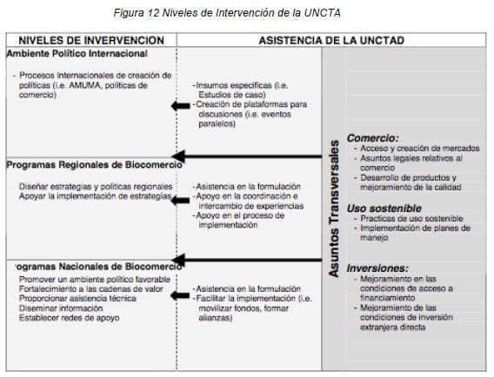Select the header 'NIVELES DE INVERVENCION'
pos(90,40)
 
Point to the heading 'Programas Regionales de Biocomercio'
pos(94,163)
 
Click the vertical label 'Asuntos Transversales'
pos(333,206)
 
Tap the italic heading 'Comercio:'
pos(372,137)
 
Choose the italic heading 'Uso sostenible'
pos(384,208)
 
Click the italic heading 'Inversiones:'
pos(377,268)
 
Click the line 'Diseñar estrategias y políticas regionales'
pos(95,187)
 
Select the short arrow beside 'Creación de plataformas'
pos(180,105)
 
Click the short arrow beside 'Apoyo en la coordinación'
pos(181,200)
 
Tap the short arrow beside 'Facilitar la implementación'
pos(181,295)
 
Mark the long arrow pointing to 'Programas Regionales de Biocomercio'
pos(252,156)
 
